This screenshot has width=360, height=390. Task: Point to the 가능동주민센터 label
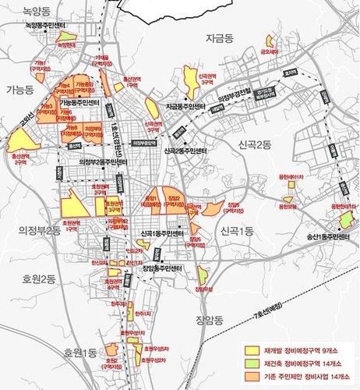pyautogui.click(x=82, y=103)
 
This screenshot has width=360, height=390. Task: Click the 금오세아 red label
pyautogui.click(x=270, y=52)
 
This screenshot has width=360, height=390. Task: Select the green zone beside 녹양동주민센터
pyautogui.click(x=67, y=36)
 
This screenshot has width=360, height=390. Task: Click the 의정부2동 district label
pyautogui.click(x=32, y=231)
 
